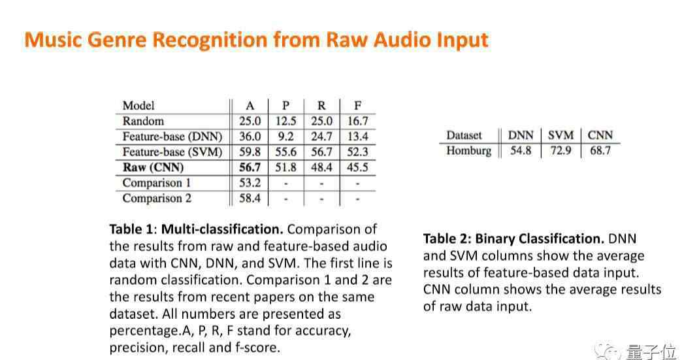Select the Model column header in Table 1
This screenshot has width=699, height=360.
138,106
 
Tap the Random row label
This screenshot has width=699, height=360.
143,121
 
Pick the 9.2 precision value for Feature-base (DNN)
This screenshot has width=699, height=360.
285,137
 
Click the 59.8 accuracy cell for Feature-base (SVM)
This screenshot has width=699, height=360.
250,152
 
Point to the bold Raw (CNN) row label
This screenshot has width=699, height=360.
153,167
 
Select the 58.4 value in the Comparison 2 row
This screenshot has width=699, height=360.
250,198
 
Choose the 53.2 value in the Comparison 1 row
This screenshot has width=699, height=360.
250,183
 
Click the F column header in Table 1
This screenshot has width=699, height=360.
357,106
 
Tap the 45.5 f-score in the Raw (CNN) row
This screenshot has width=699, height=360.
357,167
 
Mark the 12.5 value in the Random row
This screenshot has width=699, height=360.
285,121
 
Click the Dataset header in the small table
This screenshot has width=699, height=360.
464,135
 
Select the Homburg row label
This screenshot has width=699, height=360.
468,151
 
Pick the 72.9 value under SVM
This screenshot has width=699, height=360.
561,151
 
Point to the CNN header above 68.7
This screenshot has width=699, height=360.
600,135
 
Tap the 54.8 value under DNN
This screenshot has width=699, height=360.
521,151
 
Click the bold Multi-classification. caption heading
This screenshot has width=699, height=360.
222,229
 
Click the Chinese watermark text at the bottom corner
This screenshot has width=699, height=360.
651,352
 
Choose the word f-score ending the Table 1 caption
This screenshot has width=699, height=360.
257,348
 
